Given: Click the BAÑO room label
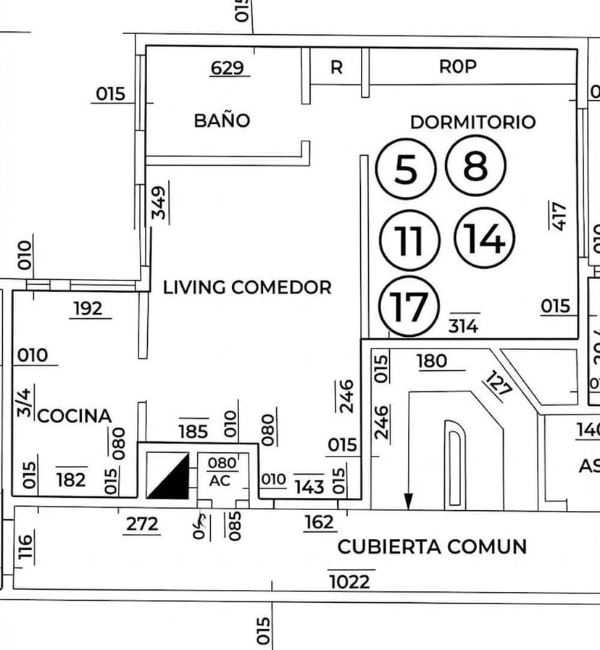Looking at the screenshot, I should click(222, 120).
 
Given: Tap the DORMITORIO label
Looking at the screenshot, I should click(472, 122).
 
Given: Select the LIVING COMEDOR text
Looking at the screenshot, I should click(247, 287).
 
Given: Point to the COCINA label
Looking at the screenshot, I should click(74, 416).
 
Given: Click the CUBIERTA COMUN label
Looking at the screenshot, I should click(432, 546).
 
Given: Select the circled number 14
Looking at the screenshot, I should click(484, 238).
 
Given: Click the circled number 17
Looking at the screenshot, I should click(409, 307).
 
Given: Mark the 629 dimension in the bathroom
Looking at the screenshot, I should click(227, 68).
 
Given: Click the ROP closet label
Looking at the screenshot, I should click(458, 67).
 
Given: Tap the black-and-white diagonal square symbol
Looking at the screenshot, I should click(167, 476).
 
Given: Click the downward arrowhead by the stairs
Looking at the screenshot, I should click(409, 501).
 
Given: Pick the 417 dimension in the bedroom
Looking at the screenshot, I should click(558, 214).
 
